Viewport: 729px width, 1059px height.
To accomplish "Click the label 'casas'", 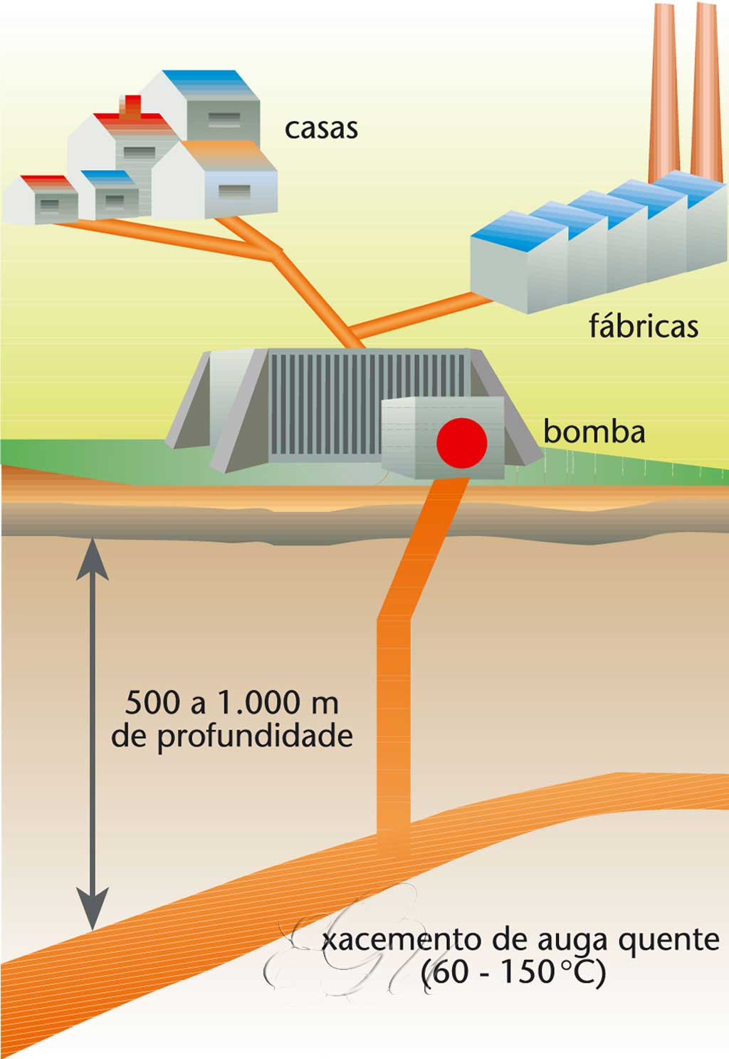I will pyautogui.click(x=321, y=129).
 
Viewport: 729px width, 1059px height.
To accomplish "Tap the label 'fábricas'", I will pyautogui.click(x=643, y=326).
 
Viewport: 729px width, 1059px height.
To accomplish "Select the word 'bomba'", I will pyautogui.click(x=594, y=432).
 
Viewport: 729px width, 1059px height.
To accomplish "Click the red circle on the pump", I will pyautogui.click(x=461, y=443).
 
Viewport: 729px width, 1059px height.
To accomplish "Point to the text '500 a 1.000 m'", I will pyautogui.click(x=231, y=703).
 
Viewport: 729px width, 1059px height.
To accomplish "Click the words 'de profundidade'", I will pyautogui.click(x=232, y=736).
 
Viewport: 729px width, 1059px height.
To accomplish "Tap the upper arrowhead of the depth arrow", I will pyautogui.click(x=93, y=559).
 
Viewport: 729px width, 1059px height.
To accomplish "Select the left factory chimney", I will pyautogui.click(x=664, y=93).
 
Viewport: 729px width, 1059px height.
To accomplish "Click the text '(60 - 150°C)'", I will pyautogui.click(x=513, y=973).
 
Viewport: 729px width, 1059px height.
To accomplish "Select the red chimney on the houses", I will pyautogui.click(x=132, y=107).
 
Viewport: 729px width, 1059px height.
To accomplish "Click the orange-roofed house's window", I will pyautogui.click(x=234, y=191).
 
